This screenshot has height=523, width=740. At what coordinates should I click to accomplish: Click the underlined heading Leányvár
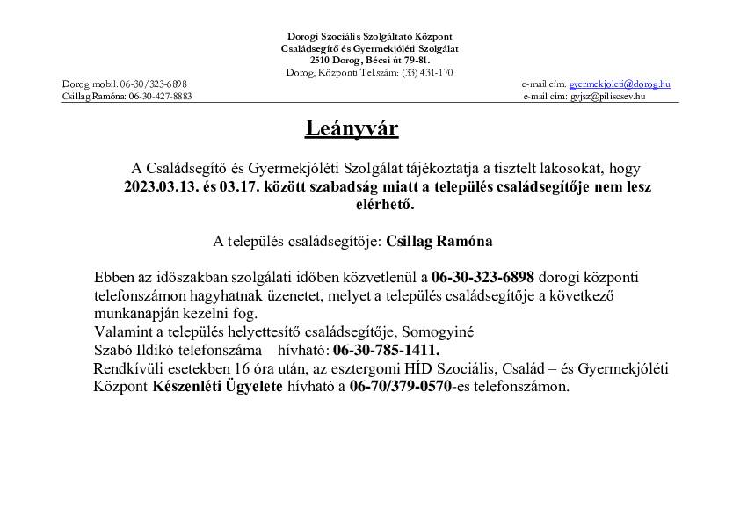tap(352, 129)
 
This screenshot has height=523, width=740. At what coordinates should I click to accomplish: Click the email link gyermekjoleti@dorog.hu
tap(620, 84)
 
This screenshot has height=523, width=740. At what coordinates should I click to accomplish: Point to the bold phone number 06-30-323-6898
tap(482, 277)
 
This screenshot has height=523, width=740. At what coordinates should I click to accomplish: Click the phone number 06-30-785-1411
tap(386, 350)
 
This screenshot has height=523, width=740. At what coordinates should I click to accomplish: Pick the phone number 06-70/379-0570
tap(400, 386)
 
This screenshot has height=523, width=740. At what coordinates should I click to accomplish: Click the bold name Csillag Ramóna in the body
tap(439, 240)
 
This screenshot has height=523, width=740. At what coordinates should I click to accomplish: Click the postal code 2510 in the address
tap(320, 60)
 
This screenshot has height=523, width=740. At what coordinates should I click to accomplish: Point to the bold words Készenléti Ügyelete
tap(218, 386)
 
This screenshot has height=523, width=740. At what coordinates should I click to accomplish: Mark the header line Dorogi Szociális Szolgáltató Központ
tap(370, 35)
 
